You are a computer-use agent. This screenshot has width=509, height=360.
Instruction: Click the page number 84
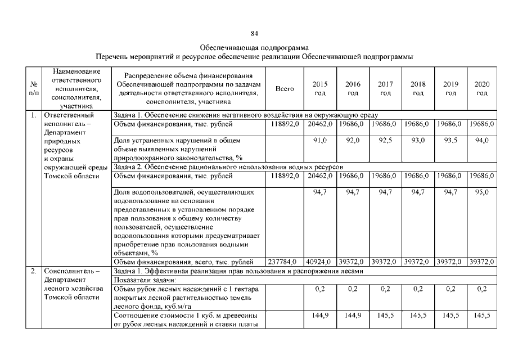254,34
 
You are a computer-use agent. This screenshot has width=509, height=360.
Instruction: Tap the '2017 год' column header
385,88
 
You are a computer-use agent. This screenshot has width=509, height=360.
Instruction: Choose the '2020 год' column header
481,88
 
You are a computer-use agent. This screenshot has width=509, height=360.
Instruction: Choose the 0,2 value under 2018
417,289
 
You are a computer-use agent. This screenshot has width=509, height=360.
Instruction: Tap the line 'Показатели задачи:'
145,280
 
